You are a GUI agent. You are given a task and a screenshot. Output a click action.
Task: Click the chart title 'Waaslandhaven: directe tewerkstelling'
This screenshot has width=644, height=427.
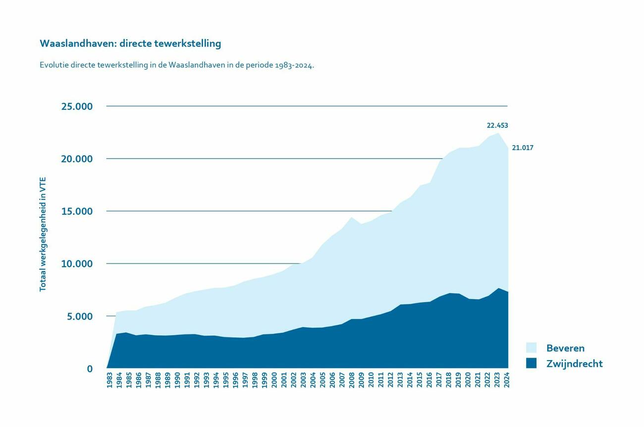130,44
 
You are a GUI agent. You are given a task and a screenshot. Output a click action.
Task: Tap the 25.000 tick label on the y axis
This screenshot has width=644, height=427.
77,107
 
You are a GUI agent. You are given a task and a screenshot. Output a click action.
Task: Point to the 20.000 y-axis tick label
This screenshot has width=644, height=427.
77,159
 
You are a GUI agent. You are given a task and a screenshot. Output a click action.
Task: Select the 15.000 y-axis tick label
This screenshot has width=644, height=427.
77,212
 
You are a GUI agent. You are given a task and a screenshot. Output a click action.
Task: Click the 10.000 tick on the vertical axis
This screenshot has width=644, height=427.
77,264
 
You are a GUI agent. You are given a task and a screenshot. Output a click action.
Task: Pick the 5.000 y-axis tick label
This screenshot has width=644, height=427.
80,317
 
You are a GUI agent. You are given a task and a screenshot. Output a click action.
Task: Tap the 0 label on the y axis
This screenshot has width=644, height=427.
90,369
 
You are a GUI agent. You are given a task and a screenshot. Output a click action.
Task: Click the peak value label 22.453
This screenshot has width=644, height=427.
497,126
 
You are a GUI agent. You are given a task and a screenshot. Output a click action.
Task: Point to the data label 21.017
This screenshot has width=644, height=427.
523,148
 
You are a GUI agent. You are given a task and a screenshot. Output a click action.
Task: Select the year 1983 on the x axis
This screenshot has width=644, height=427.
109,380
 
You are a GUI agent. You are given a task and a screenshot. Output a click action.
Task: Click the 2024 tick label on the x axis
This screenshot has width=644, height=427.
506,380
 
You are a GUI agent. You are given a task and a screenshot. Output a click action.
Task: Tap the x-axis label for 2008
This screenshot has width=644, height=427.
351,380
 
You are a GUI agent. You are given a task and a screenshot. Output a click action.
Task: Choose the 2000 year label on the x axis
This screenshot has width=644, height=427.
274,380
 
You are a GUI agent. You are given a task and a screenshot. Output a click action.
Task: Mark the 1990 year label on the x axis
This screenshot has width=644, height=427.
177,380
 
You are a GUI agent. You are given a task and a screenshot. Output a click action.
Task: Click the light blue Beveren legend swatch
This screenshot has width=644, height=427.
531,348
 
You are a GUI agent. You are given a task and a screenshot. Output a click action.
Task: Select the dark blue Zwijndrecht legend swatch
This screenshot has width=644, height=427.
531,364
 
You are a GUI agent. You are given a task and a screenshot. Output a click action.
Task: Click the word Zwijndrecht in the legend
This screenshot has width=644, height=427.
574,364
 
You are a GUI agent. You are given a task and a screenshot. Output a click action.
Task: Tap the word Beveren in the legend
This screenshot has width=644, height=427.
565,348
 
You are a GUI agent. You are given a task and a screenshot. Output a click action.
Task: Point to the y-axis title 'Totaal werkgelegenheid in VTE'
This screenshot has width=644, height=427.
43,234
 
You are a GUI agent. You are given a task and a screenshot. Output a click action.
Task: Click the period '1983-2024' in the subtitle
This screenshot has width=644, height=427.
294,65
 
